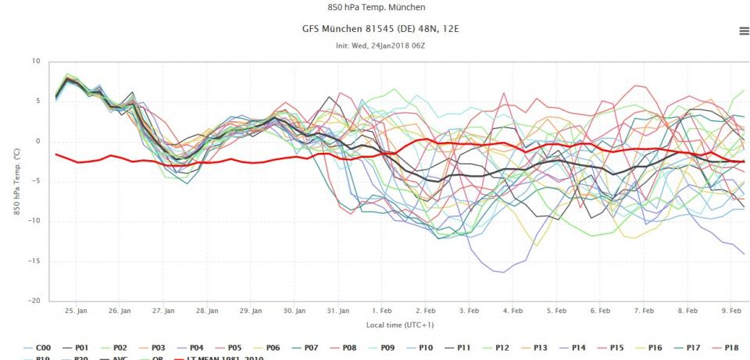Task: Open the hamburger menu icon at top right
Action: pyautogui.click(x=743, y=30)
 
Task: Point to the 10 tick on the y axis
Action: pyautogui.click(x=36, y=61)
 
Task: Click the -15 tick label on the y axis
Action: pyautogui.click(x=34, y=261)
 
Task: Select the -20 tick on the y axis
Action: pyautogui.click(x=34, y=301)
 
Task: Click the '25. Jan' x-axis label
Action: pyautogui.click(x=76, y=311)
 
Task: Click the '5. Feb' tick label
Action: pyautogui.click(x=555, y=311)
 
